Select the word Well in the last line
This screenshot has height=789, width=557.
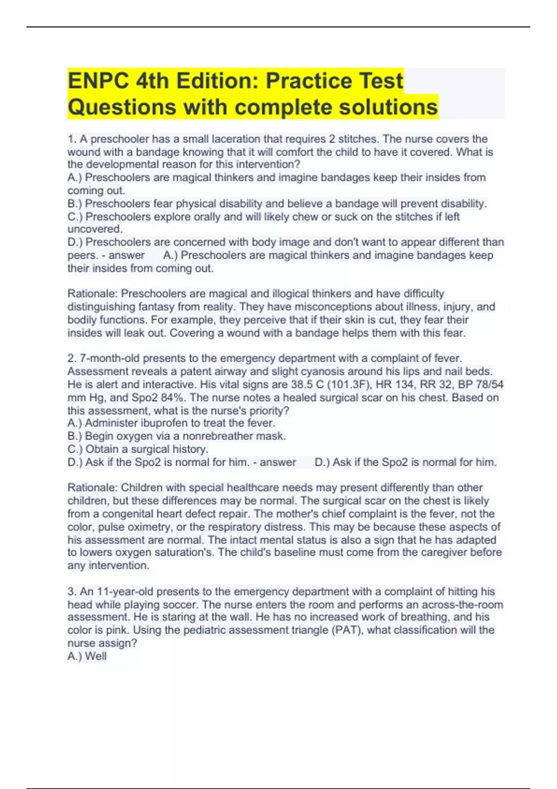pos(96,656)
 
